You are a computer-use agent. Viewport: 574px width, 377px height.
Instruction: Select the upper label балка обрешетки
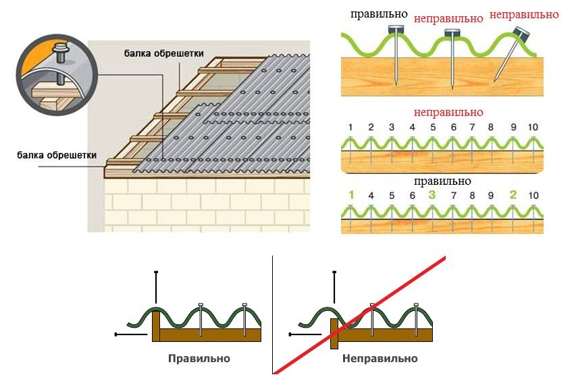pyautogui.click(x=163, y=53)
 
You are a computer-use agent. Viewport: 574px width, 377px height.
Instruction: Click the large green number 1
pyautogui.click(x=350, y=195)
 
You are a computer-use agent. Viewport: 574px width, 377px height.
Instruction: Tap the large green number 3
pyautogui.click(x=432, y=196)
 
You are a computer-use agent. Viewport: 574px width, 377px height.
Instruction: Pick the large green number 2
pyautogui.click(x=513, y=196)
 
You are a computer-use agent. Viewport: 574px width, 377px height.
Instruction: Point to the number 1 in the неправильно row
pyautogui.click(x=350, y=127)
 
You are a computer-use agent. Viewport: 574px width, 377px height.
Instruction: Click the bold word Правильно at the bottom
pyautogui.click(x=199, y=358)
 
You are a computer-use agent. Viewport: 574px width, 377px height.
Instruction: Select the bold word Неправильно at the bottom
pyautogui.click(x=380, y=358)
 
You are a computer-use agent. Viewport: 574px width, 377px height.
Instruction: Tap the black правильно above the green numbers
pyautogui.click(x=442, y=181)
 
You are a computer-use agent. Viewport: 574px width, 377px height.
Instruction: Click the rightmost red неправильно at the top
pyautogui.click(x=524, y=13)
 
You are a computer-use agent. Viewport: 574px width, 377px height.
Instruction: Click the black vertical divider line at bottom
pyautogui.click(x=272, y=310)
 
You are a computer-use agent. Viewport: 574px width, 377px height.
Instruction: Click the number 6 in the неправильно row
pyautogui.click(x=453, y=127)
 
